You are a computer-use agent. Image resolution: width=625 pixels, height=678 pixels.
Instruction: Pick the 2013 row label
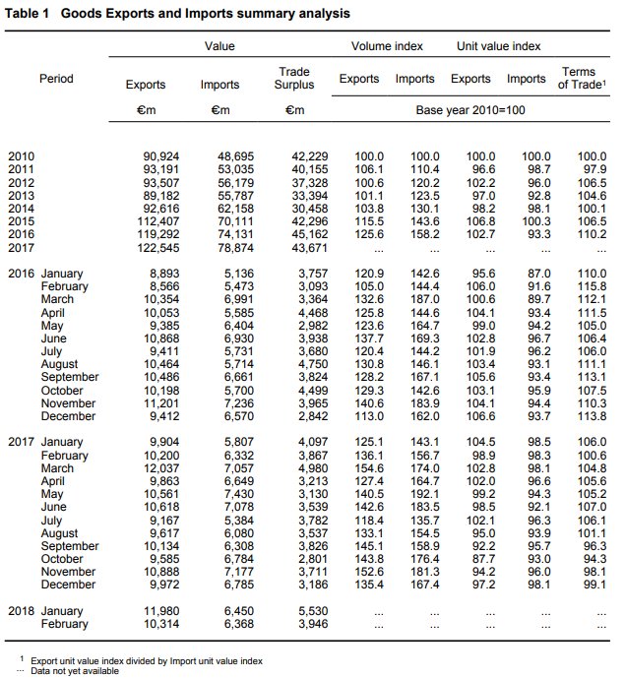(21, 195)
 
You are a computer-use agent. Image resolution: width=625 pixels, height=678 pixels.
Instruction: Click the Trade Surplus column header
(294, 78)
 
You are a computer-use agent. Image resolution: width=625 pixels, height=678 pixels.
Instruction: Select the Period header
(56, 78)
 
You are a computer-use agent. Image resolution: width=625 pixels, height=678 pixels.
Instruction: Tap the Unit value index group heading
(499, 46)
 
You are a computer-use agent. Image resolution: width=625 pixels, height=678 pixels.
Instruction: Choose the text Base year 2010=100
(471, 109)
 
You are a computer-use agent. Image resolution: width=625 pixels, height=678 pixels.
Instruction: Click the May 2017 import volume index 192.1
(424, 495)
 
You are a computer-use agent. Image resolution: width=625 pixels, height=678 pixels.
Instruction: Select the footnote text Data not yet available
(73, 670)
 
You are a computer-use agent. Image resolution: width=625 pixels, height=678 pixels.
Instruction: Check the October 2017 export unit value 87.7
(480, 559)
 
